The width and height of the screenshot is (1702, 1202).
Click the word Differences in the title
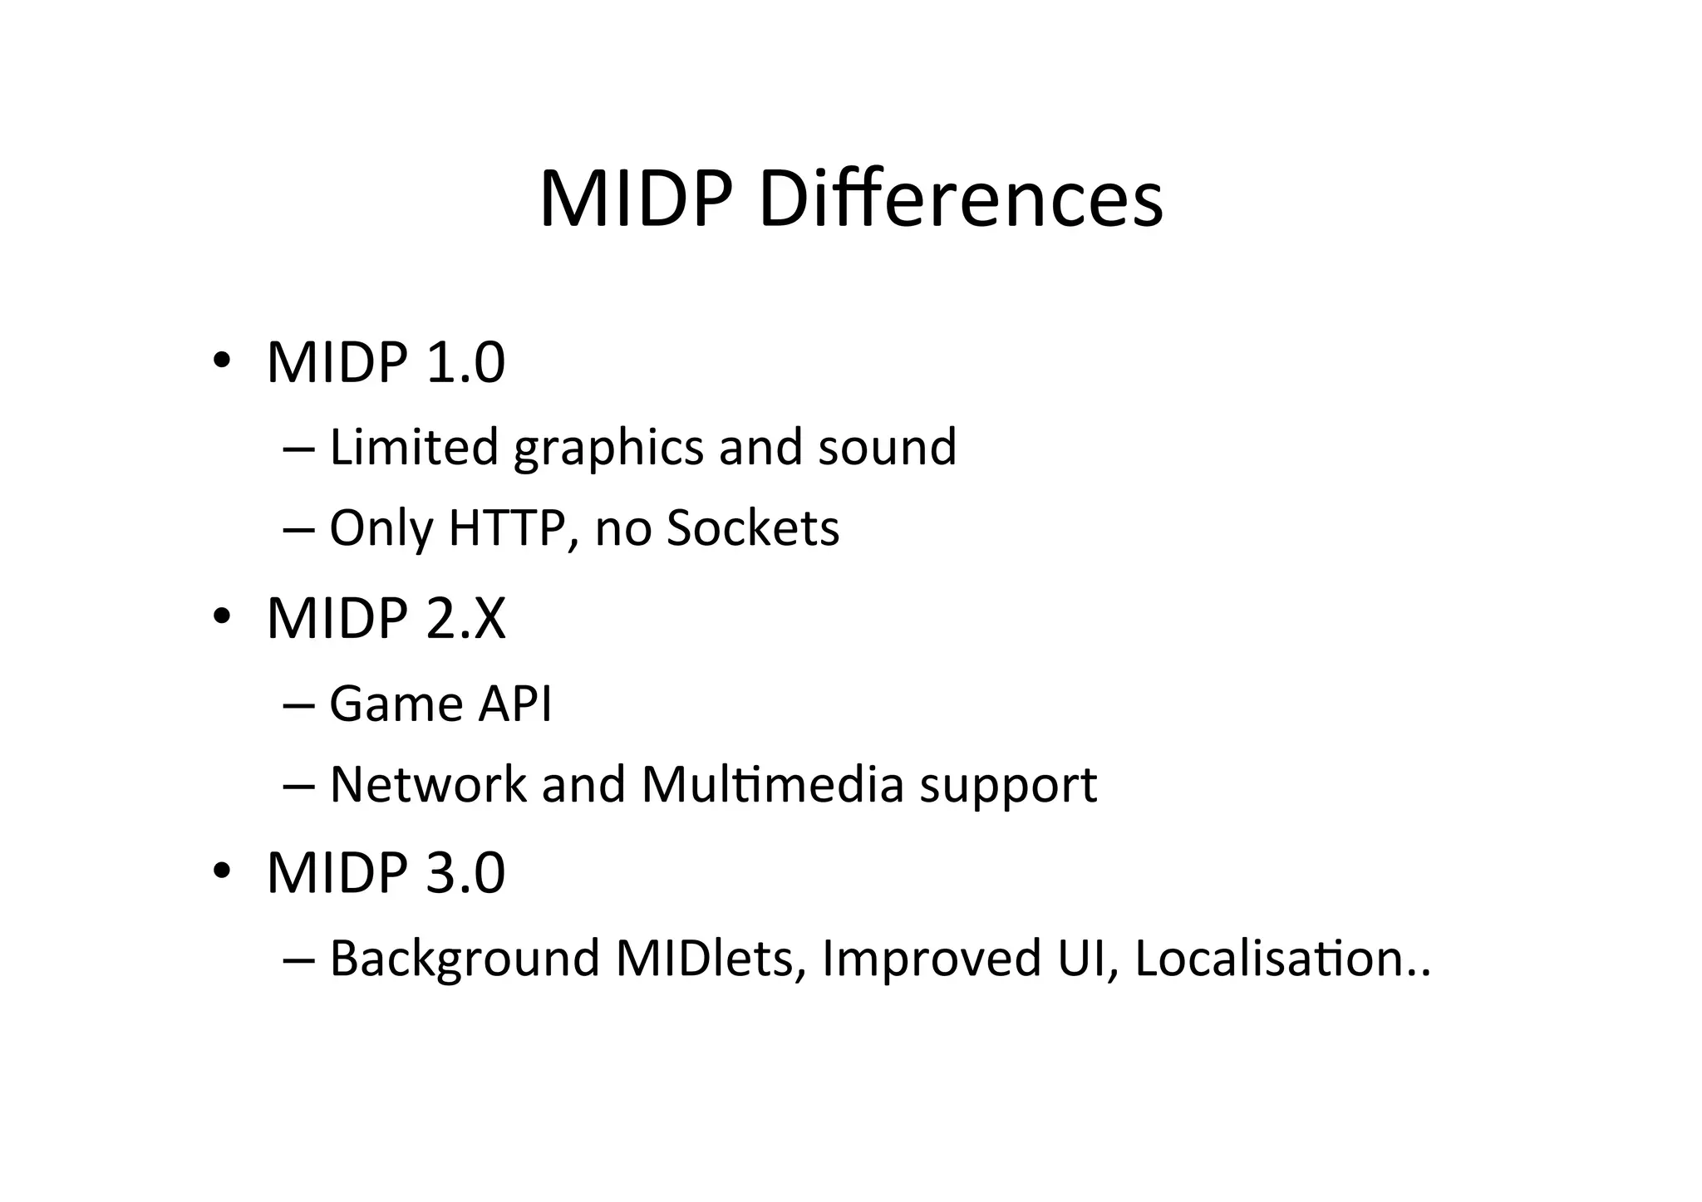[x=960, y=199]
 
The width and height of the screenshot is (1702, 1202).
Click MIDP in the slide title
[x=637, y=199]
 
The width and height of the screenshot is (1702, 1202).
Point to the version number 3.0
[x=465, y=873]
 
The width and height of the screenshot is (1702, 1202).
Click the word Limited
[x=413, y=447]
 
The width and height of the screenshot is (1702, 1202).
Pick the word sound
[x=887, y=447]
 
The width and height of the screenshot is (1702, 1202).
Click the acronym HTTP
[x=507, y=527]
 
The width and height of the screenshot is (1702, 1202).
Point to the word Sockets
[x=752, y=527]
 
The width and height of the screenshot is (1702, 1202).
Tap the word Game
[x=396, y=704]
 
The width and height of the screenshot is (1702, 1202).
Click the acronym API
[x=514, y=704]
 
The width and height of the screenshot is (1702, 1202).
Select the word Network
[x=428, y=784]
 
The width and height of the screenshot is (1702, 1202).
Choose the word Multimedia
[x=772, y=784]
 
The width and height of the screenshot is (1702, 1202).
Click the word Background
[x=465, y=958]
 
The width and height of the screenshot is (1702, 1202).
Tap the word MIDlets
[x=711, y=958]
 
